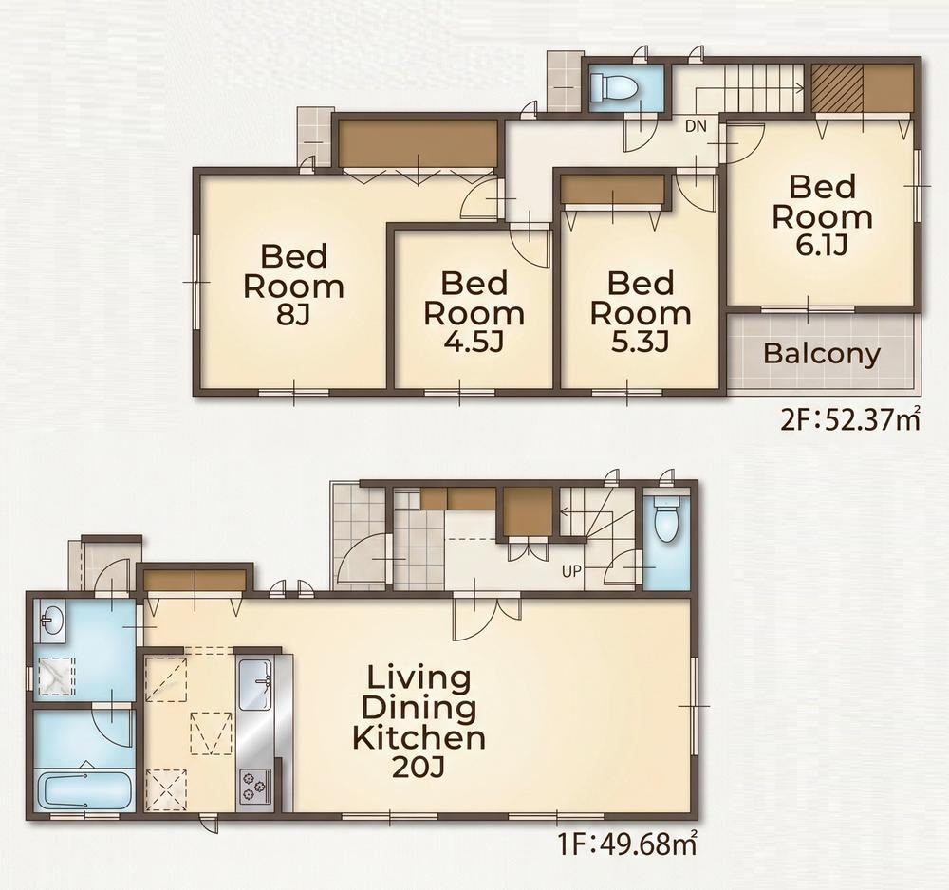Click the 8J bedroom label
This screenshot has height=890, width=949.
[293, 285]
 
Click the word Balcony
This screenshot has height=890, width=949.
[822, 353]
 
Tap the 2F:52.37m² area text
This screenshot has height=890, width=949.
[851, 418]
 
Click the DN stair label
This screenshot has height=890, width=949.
[696, 126]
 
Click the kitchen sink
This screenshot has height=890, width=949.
[255, 684]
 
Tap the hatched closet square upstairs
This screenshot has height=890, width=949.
[837, 87]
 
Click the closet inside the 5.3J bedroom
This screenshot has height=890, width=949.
[612, 190]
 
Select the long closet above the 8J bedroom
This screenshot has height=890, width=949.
[418, 142]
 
